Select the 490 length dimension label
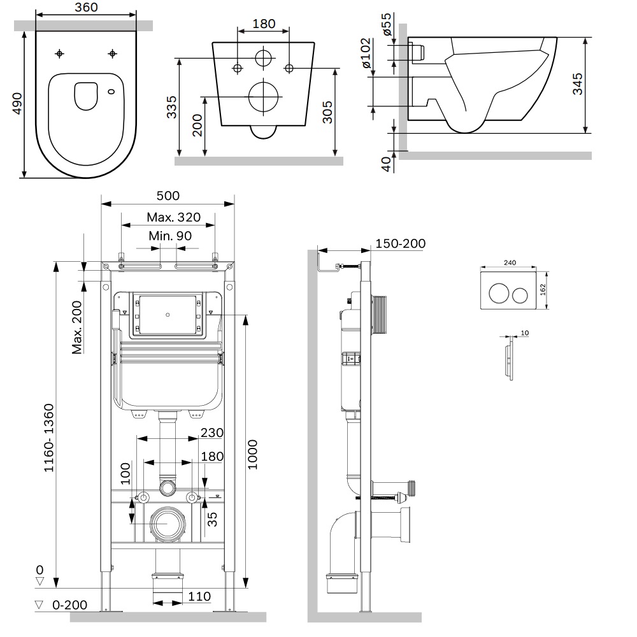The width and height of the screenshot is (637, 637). (17, 104)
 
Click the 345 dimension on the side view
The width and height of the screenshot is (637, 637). (577, 85)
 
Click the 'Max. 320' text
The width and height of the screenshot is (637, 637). (173, 217)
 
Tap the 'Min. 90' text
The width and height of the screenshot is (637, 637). (170, 236)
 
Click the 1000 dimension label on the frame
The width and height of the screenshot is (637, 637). (253, 454)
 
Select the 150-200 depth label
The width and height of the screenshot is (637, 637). (401, 244)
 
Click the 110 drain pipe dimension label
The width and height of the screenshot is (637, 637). (199, 596)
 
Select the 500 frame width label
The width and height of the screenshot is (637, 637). (168, 196)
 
